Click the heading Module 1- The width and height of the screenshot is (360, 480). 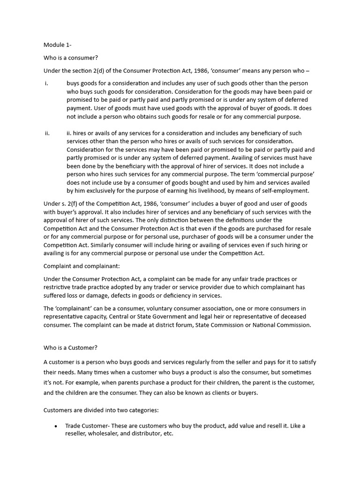[x=57, y=45]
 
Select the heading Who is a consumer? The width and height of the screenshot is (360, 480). [x=71, y=58]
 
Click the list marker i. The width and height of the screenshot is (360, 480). [x=47, y=83]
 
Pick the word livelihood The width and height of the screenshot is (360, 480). [x=220, y=191]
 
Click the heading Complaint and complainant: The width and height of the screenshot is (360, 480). [x=82, y=266]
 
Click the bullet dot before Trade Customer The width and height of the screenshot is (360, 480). [x=56, y=426]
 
